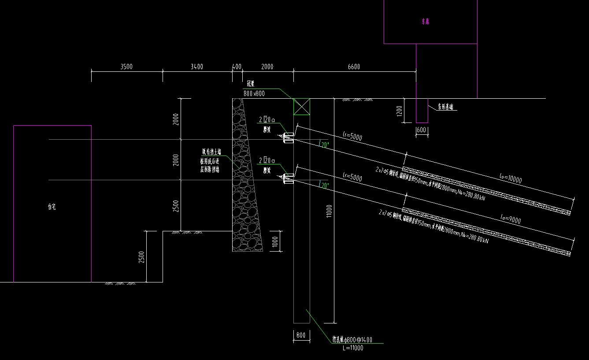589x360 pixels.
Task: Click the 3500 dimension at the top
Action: [126, 67]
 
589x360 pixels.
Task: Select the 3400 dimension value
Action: [196, 67]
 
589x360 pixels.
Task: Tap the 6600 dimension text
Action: [354, 67]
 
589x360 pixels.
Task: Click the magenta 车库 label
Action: [425, 21]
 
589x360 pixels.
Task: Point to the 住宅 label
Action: [52, 206]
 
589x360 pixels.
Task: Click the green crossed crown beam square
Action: [302, 107]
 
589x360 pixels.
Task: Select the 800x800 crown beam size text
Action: [254, 93]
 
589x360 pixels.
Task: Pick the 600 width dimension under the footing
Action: [422, 130]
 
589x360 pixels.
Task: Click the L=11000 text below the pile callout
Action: [352, 348]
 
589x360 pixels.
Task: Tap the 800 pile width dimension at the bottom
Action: [301, 335]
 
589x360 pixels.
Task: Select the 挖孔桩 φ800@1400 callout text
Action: [352, 340]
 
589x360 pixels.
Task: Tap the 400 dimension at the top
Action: [237, 67]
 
